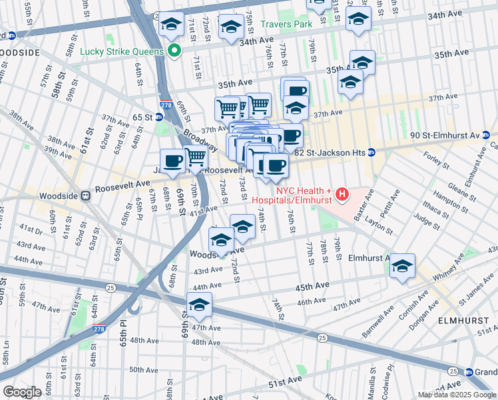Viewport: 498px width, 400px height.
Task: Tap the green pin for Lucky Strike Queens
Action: (x=174, y=51)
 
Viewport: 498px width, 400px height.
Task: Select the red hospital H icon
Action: (x=342, y=195)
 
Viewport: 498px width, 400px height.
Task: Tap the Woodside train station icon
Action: (x=85, y=196)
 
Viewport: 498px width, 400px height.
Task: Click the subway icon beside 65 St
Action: (x=159, y=117)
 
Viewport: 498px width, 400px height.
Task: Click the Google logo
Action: (x=22, y=392)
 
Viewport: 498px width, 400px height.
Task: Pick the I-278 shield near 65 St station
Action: (x=166, y=104)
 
